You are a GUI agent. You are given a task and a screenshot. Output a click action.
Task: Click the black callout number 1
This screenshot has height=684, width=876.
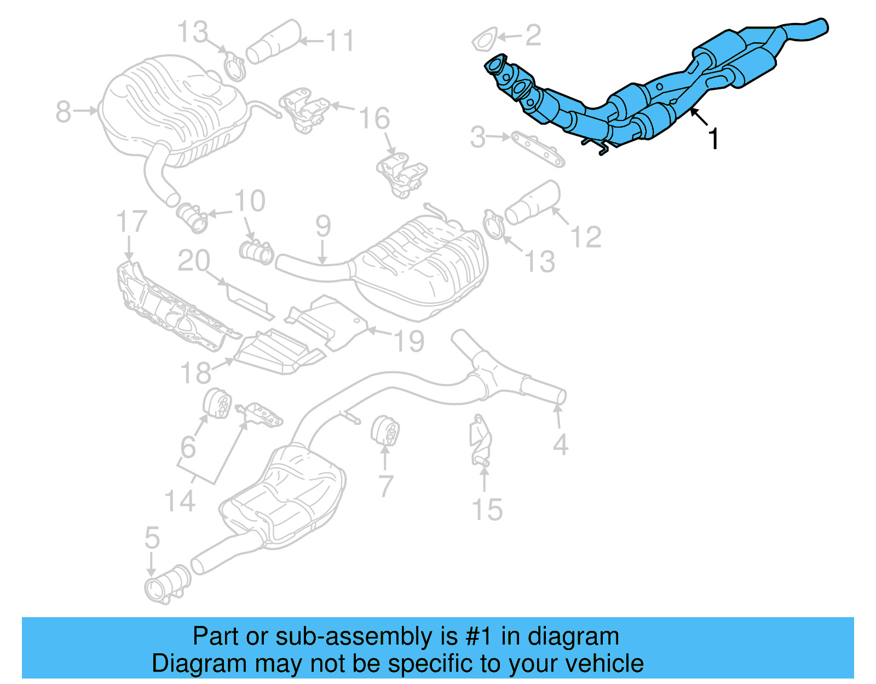[713, 139]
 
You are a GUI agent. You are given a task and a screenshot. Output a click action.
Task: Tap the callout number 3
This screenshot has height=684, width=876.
[477, 137]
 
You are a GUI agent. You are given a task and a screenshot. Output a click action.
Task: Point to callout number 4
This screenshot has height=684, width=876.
[560, 444]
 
